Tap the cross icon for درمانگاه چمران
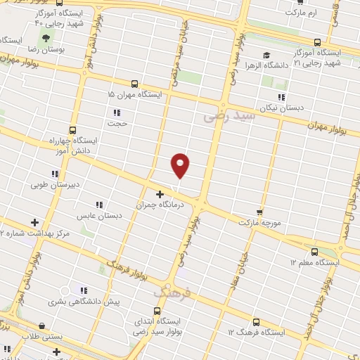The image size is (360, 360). (x=160, y=194)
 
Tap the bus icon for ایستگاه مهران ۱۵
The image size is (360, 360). (x=134, y=83)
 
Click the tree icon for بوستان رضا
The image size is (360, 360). (x=46, y=38)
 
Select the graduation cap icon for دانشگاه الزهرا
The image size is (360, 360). (x=266, y=55)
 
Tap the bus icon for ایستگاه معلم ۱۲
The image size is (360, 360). (x=314, y=251)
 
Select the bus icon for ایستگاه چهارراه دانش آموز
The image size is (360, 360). (x=72, y=129)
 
